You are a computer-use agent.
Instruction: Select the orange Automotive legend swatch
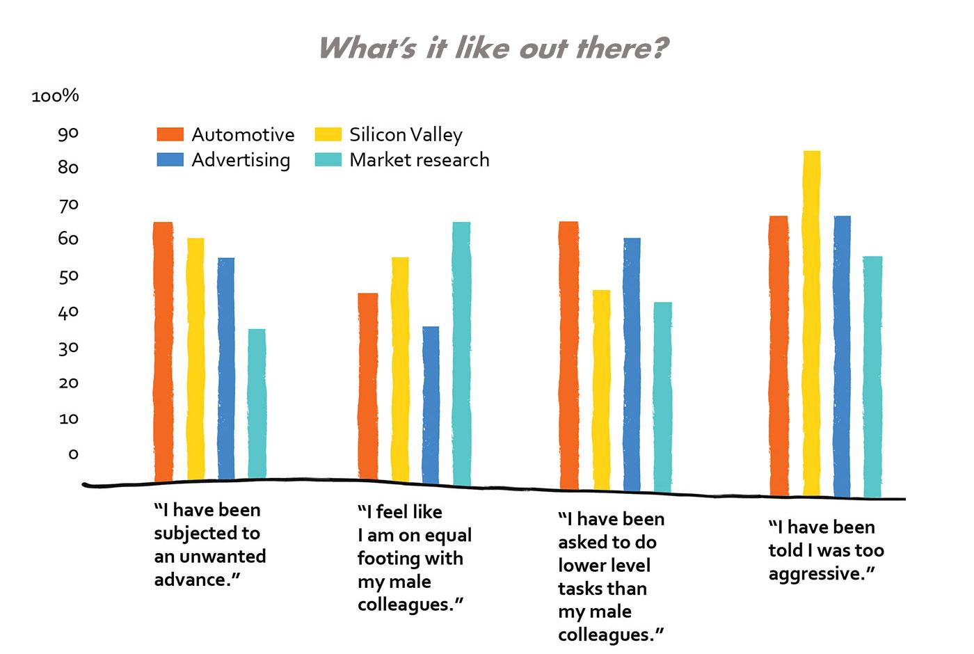pos(170,134)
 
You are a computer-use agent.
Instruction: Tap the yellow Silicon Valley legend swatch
pos(328,134)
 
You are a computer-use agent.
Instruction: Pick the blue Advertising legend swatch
pos(170,160)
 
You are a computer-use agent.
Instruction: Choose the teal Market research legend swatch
pos(328,160)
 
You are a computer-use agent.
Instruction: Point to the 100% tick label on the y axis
pos(56,96)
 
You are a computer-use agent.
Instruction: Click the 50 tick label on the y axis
pos(68,276)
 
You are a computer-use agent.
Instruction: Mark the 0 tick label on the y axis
pos(73,454)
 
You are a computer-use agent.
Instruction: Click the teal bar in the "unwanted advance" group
pos(257,404)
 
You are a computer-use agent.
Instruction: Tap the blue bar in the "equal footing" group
pos(431,404)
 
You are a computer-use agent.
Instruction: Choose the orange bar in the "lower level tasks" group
pos(569,356)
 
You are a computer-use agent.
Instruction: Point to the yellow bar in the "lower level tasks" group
pos(601,390)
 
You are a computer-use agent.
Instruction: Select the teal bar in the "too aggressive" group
pos(872,376)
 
